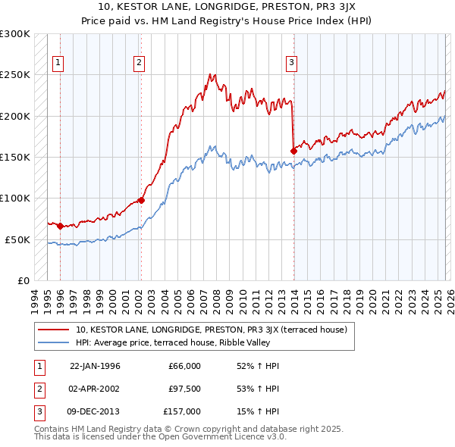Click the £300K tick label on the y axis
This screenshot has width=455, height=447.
(x=15, y=35)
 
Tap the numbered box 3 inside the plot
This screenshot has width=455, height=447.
(x=293, y=64)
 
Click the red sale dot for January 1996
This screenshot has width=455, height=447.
(x=60, y=226)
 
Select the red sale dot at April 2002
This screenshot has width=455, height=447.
(x=141, y=200)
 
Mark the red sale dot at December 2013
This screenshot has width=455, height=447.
(x=293, y=151)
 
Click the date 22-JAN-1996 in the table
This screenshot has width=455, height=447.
(x=95, y=366)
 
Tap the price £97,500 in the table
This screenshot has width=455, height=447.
(x=184, y=389)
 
